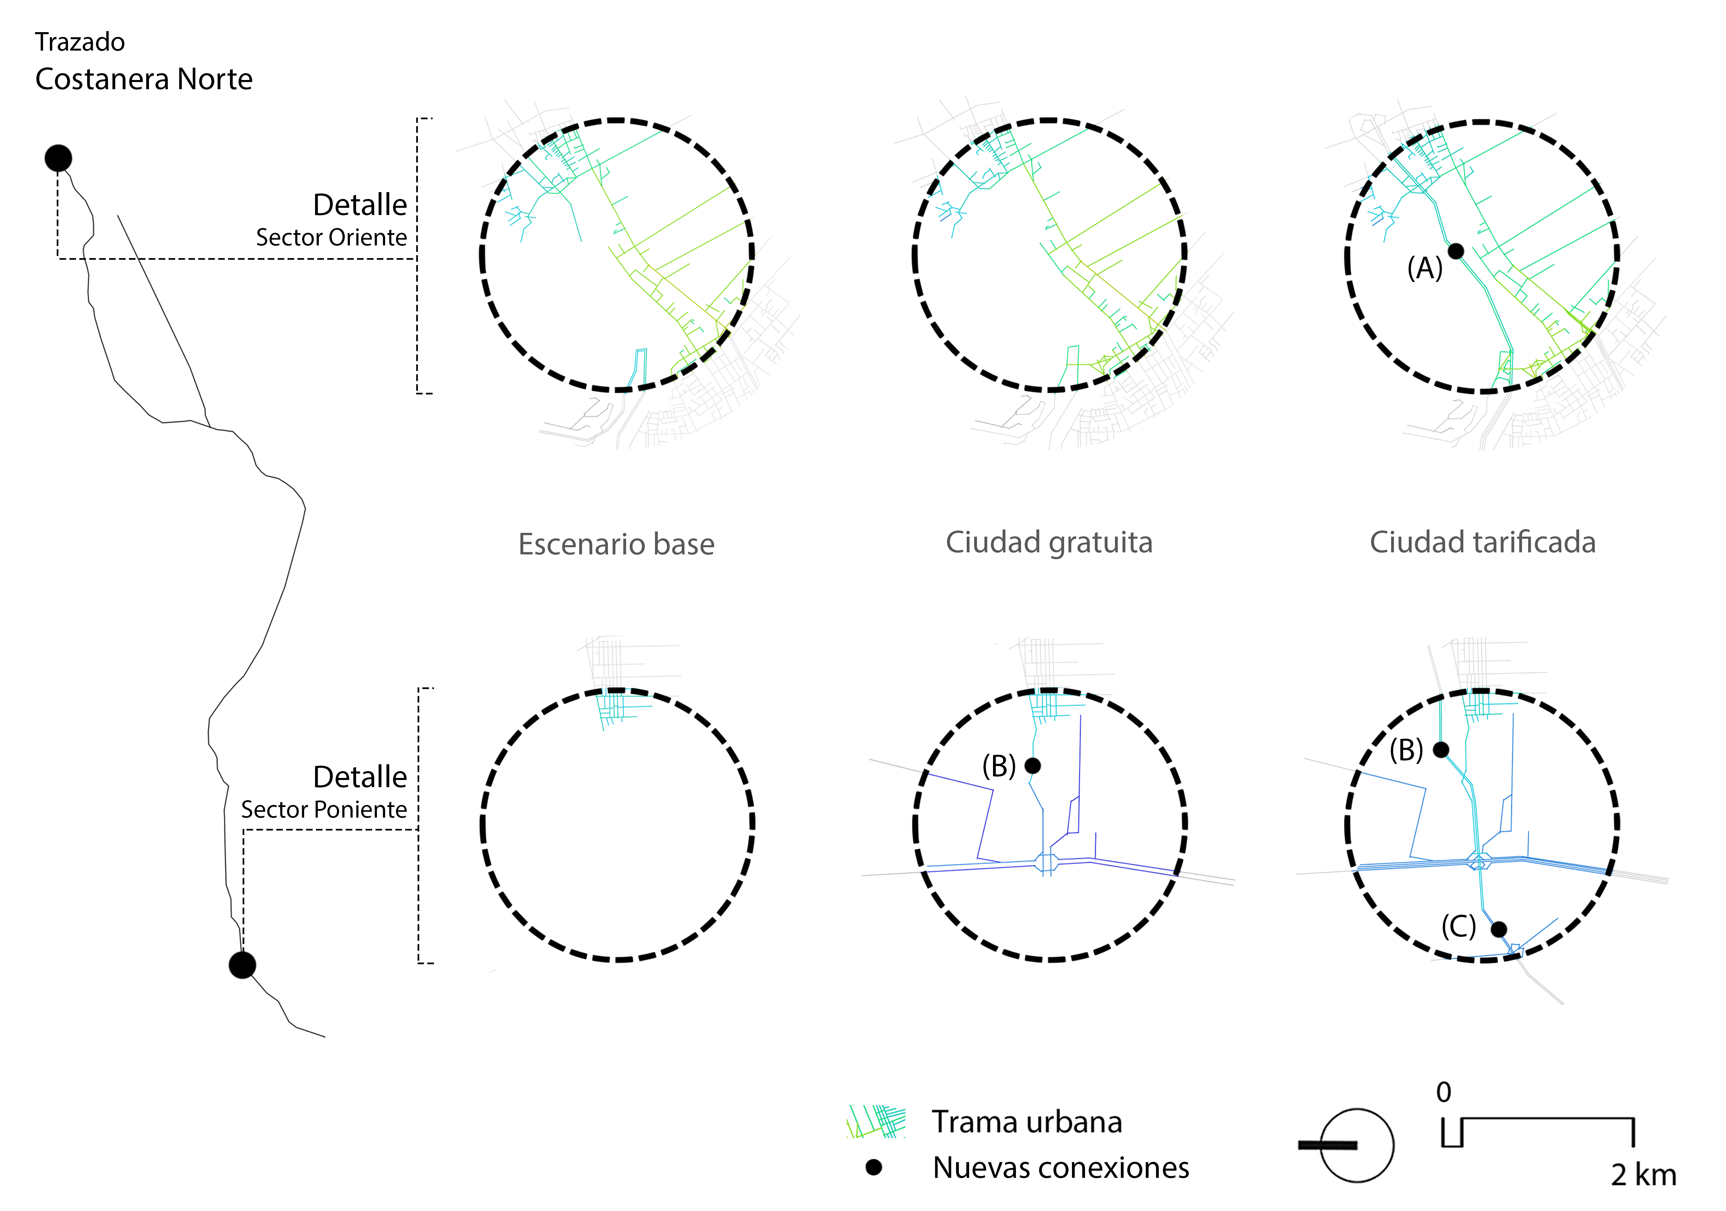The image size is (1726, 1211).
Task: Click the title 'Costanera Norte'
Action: click(x=144, y=79)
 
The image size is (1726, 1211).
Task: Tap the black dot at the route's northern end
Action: click(x=58, y=158)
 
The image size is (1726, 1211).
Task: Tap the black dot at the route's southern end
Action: click(x=242, y=965)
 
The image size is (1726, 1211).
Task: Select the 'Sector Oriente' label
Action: click(x=331, y=238)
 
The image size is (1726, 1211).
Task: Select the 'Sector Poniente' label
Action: click(x=324, y=810)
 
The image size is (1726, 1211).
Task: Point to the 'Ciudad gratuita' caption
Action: click(x=1049, y=542)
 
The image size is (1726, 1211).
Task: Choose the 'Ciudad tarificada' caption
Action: click(x=1482, y=542)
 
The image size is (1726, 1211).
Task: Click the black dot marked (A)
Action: click(x=1456, y=251)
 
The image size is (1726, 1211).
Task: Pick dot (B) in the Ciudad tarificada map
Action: click(x=1441, y=750)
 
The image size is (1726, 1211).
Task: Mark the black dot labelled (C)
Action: click(x=1498, y=929)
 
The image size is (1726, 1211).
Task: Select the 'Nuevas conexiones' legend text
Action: click(x=1061, y=1167)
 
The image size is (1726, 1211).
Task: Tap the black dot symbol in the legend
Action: click(x=873, y=1167)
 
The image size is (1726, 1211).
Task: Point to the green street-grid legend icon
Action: click(x=876, y=1121)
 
